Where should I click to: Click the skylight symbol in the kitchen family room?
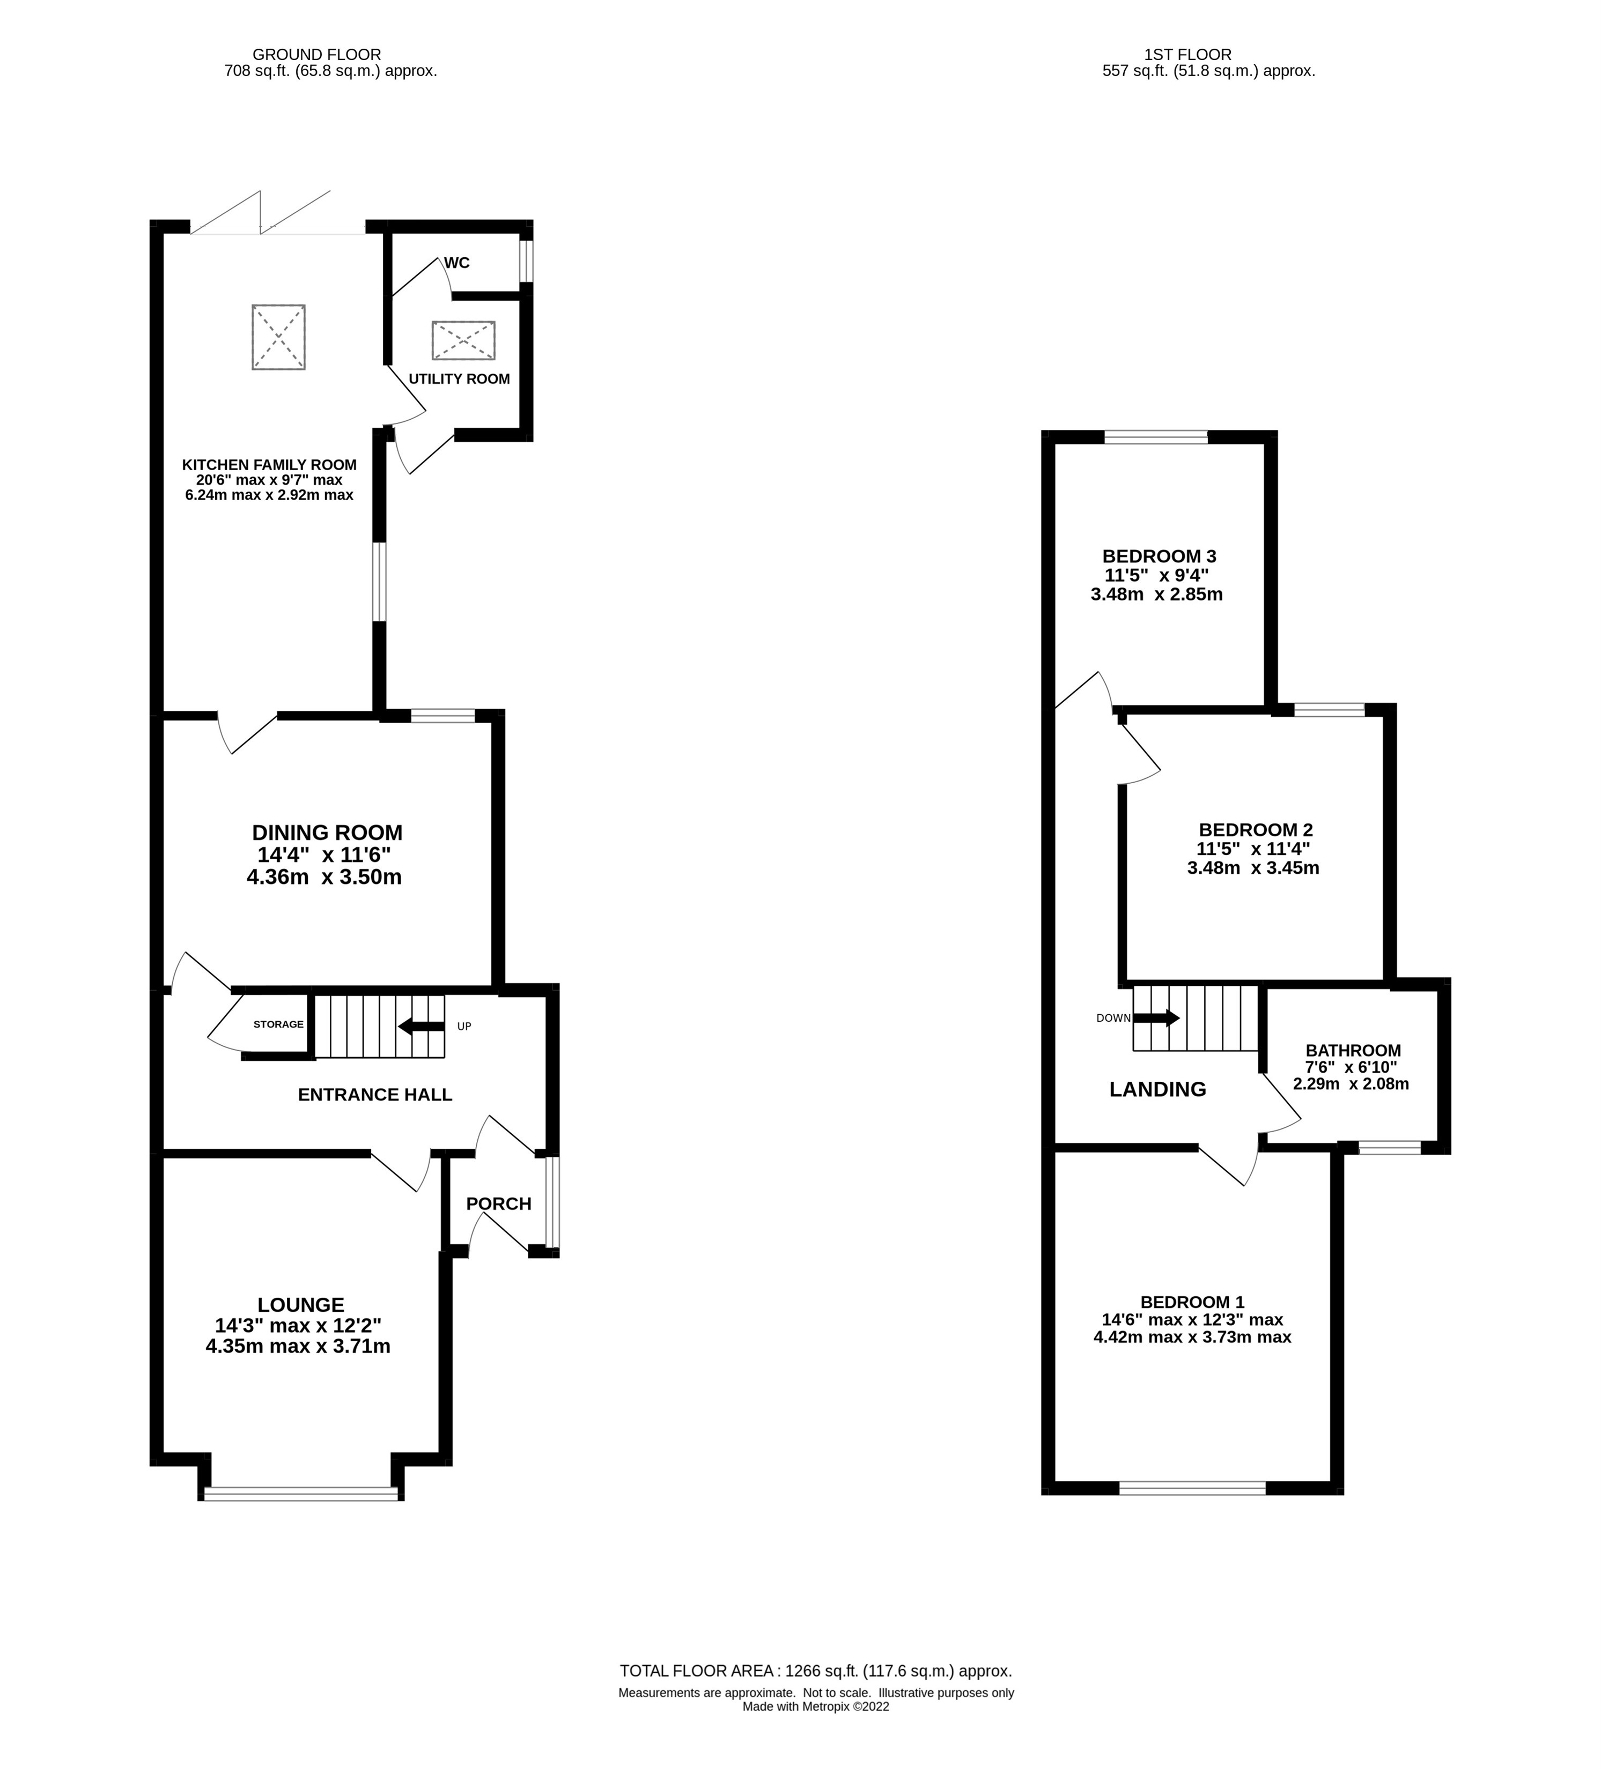tap(278, 337)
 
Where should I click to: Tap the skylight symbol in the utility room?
tap(463, 340)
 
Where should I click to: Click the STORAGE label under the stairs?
tap(278, 1024)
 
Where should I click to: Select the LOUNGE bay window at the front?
tap(301, 1492)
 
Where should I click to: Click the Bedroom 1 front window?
tap(1192, 1488)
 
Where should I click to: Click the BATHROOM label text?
tap(1353, 1050)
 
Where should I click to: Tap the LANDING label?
tap(1157, 1089)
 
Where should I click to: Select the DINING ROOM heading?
tap(327, 832)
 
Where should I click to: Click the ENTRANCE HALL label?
tap(375, 1094)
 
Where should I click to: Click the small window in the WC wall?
tap(525, 262)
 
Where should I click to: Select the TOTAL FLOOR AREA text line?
tap(815, 1671)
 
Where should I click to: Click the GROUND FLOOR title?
tap(317, 54)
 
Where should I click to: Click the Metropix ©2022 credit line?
tap(815, 1707)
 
